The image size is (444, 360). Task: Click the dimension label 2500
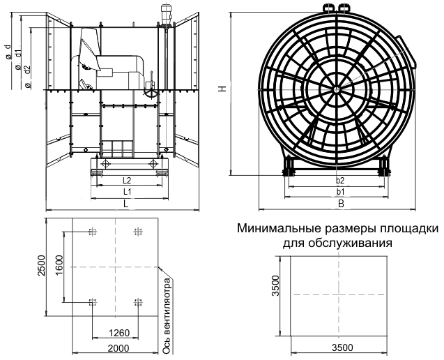[x=41, y=267]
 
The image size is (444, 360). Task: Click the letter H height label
[x=221, y=89]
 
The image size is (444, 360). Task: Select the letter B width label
[x=341, y=204]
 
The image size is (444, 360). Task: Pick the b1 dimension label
[x=339, y=191]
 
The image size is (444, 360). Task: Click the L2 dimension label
[x=126, y=181]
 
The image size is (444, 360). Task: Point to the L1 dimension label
[x=126, y=191]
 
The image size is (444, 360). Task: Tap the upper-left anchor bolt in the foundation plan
[x=92, y=232]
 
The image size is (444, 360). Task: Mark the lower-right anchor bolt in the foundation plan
[x=137, y=301]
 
